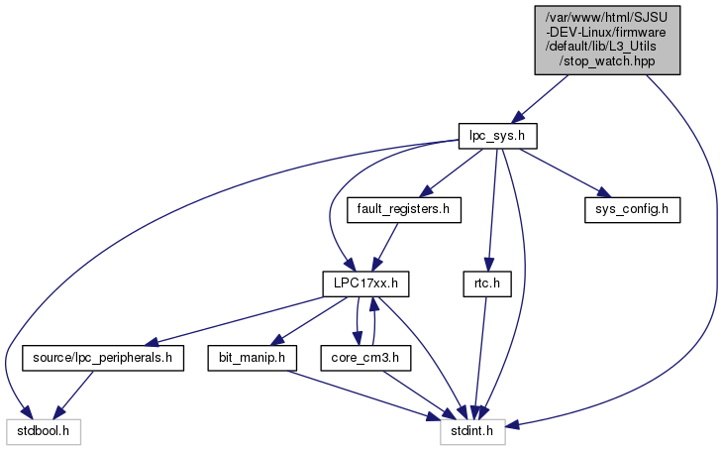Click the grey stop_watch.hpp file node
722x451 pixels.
[x=607, y=40]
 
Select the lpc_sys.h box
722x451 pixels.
[x=498, y=136]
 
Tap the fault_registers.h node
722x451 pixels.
[x=404, y=209]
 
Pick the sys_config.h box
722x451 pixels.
[x=632, y=209]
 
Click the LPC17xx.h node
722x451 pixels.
[x=365, y=283]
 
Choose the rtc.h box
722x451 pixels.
[x=487, y=283]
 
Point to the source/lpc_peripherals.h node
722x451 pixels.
[x=103, y=358]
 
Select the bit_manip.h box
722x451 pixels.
[x=252, y=358]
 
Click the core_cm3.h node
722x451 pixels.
[x=365, y=358]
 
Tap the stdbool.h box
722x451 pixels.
[x=44, y=431]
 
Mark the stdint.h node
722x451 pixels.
[x=472, y=431]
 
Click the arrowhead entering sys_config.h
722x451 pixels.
[x=603, y=192]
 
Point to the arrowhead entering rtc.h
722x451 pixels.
[x=489, y=265]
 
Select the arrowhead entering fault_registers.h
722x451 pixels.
[x=426, y=191]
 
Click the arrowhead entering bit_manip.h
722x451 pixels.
[x=276, y=340]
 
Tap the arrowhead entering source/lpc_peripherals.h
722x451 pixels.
[x=151, y=342]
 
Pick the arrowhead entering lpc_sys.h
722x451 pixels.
[x=519, y=117]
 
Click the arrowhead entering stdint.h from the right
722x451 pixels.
[x=512, y=425]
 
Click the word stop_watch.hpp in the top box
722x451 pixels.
[x=607, y=60]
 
